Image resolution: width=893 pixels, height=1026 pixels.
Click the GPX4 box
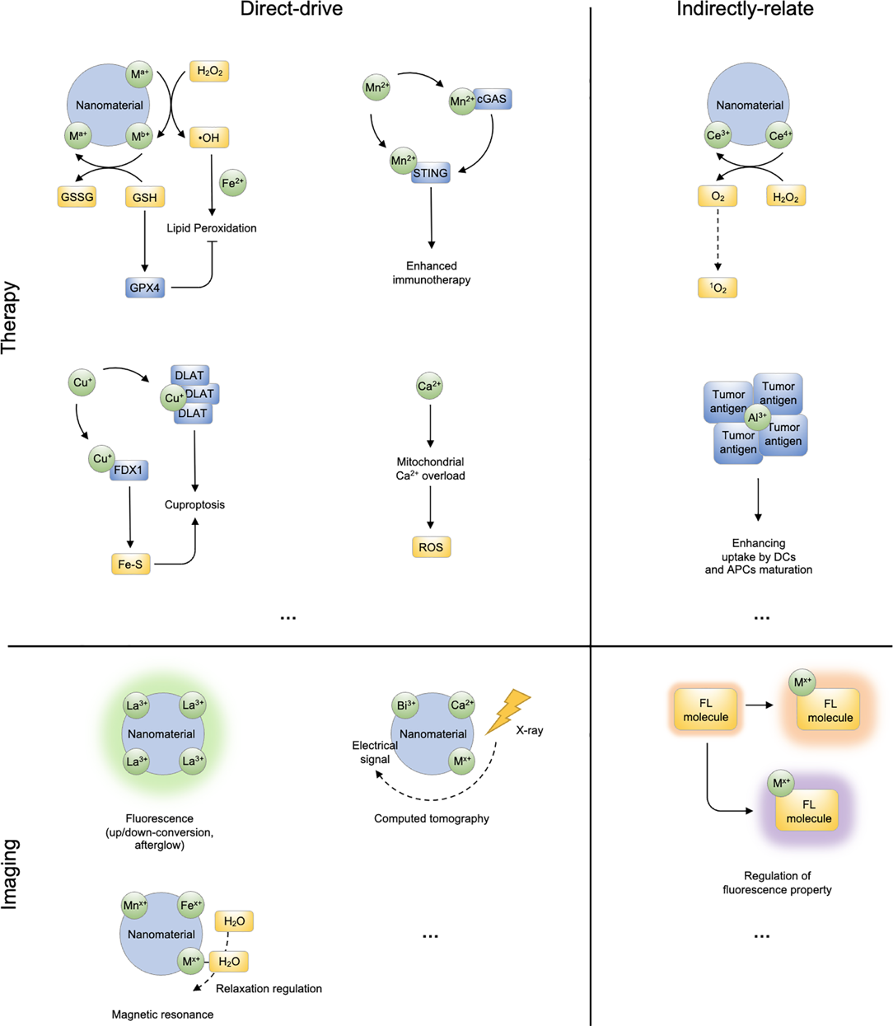tap(145, 288)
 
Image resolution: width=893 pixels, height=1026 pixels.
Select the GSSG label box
tap(77, 197)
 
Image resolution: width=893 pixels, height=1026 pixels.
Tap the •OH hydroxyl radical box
tap(209, 138)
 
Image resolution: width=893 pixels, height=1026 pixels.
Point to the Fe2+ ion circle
tap(232, 183)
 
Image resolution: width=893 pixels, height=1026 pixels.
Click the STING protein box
tap(431, 173)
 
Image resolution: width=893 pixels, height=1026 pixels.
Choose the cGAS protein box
tap(492, 99)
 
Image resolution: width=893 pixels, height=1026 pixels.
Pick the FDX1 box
tap(129, 471)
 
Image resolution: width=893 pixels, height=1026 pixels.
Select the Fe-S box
tap(131, 565)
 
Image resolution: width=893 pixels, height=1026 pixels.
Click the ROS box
tap(431, 547)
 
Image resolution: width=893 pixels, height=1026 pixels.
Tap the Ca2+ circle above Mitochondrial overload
tap(429, 386)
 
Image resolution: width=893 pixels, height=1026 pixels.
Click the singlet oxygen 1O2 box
tap(718, 288)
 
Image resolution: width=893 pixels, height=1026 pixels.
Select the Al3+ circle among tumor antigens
tap(758, 418)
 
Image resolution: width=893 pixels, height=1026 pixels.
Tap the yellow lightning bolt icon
tap(508, 711)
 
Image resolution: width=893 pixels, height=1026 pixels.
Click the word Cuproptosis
tap(194, 504)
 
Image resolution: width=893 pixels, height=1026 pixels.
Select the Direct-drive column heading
tap(292, 10)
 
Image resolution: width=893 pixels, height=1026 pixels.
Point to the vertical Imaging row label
tap(11, 874)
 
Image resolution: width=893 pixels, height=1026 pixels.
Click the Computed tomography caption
tap(432, 818)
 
